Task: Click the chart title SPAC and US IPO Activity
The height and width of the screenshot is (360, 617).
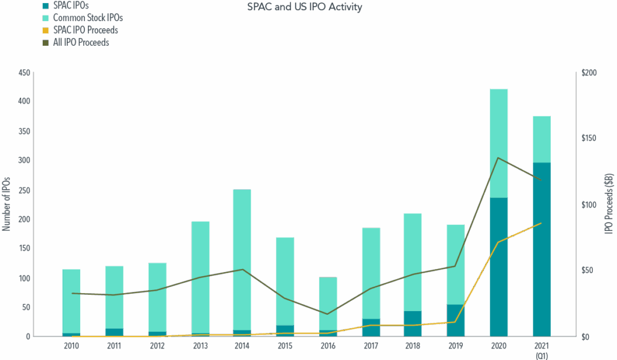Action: click(x=305, y=8)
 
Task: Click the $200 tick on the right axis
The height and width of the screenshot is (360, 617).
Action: click(x=588, y=73)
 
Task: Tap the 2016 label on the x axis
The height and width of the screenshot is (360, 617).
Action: click(x=328, y=347)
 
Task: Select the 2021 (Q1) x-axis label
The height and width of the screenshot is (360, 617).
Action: click(x=541, y=350)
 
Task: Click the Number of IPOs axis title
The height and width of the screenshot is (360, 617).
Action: click(x=7, y=204)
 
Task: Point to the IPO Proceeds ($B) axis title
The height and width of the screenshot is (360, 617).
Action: click(x=610, y=204)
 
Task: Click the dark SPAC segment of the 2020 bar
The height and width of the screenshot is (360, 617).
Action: click(x=499, y=267)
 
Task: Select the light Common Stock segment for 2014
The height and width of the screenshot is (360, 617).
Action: click(x=242, y=259)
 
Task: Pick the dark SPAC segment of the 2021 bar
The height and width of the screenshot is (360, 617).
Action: click(x=541, y=249)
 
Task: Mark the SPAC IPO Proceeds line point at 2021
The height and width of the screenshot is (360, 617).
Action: click(x=541, y=224)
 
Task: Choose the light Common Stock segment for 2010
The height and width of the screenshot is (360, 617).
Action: click(x=71, y=300)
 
